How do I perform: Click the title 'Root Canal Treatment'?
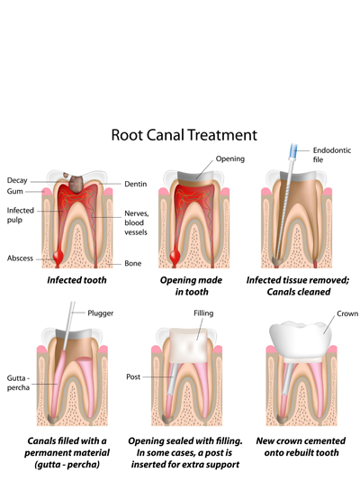pos(184,135)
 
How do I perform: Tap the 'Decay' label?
pos(17,180)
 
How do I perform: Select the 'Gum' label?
pos(14,191)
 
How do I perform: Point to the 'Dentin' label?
pos(135,184)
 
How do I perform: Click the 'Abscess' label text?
pos(20,259)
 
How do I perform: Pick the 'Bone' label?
pos(132,264)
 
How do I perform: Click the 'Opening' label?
pos(230,159)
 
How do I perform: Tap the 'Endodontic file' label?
pos(332,155)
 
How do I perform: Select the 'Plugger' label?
pos(101,313)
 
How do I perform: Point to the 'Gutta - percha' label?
pos(18,383)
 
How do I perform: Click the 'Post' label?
pos(133,377)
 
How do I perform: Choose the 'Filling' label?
pos(203,313)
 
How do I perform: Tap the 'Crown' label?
pos(347,313)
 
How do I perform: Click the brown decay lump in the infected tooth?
pos(76,184)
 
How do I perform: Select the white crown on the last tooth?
pos(301,340)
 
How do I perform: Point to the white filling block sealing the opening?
pos(189,346)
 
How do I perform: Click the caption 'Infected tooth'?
pos(76,280)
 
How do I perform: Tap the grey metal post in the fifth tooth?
pos(171,379)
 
